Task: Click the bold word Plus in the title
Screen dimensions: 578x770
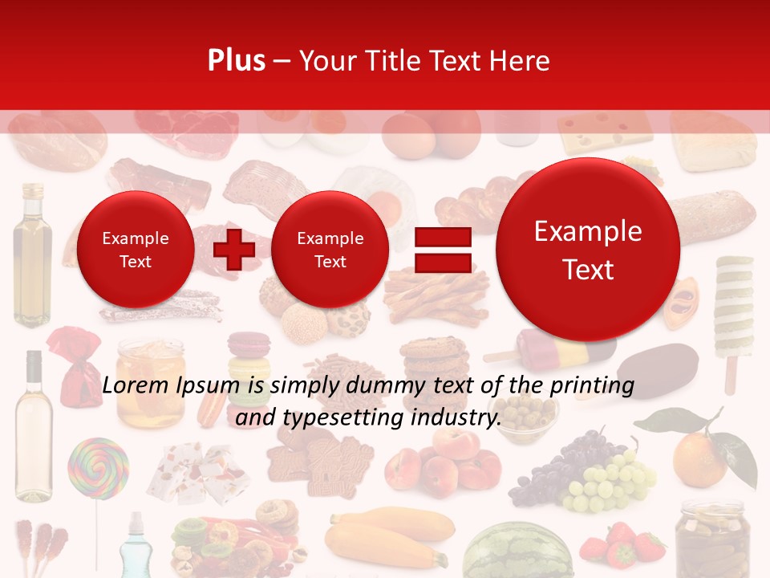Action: coord(236,61)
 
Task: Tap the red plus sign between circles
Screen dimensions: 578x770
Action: coord(234,249)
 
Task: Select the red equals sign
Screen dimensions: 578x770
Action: coord(443,249)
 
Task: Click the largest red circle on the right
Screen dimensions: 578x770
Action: coord(588,250)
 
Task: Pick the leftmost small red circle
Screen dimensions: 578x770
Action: coord(135,250)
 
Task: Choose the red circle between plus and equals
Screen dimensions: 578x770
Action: coord(330,250)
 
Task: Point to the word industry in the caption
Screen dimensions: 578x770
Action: coord(454,417)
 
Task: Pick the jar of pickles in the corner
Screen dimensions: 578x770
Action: coord(711,538)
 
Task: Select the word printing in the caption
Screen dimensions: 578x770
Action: coord(590,386)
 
